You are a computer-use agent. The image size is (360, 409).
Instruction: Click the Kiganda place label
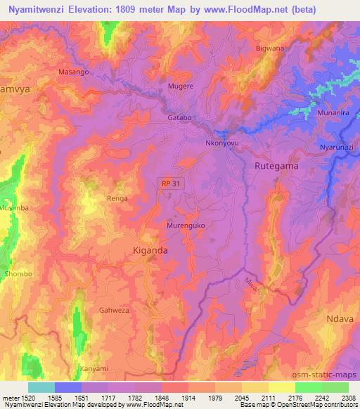point(150,249)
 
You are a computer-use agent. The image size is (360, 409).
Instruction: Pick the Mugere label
point(180,86)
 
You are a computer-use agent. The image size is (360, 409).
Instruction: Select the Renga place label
point(117,199)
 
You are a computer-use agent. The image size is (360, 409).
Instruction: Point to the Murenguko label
point(185,226)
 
